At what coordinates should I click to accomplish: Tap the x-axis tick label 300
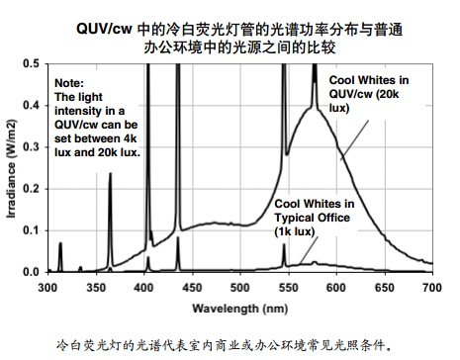pyautogui.click(x=48, y=287)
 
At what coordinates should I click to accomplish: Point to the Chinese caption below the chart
pyautogui.click(x=230, y=345)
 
